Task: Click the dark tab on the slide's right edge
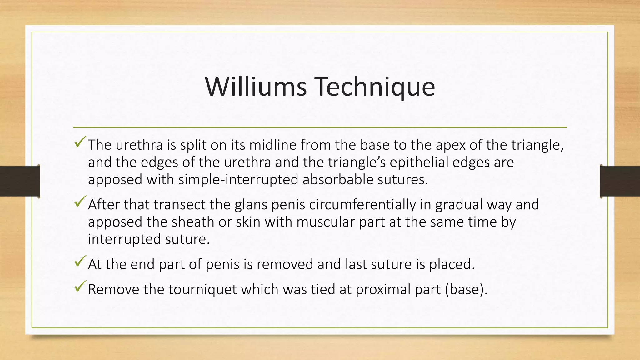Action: point(620,181)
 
